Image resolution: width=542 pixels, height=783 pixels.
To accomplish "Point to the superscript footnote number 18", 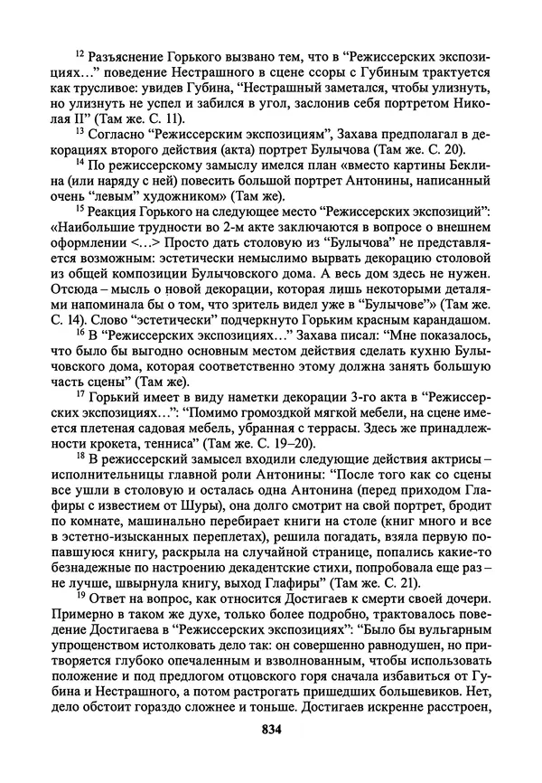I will pos(79,459).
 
